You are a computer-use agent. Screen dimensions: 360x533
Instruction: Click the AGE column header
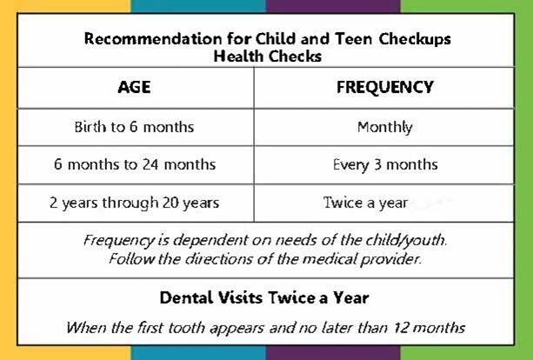tap(134, 88)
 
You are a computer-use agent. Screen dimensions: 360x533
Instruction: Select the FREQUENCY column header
tap(384, 88)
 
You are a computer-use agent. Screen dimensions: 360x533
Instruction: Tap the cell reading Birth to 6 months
tap(134, 127)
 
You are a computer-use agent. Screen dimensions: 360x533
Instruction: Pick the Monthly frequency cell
tap(384, 127)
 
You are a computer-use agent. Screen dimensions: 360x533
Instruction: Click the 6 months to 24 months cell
tap(134, 164)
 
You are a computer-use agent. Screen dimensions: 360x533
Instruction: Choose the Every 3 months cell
tap(384, 164)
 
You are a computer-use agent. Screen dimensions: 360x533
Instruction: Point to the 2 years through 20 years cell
tap(134, 203)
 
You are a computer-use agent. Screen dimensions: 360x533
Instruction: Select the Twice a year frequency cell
tap(365, 203)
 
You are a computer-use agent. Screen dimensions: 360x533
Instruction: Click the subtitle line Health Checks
tap(267, 56)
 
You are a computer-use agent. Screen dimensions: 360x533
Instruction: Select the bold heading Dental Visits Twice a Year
tap(264, 298)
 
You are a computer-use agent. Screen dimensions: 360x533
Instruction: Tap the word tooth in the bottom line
tap(230, 329)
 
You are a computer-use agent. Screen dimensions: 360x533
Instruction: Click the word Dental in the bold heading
tap(186, 298)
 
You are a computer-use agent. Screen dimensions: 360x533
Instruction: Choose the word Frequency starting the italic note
tap(116, 239)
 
